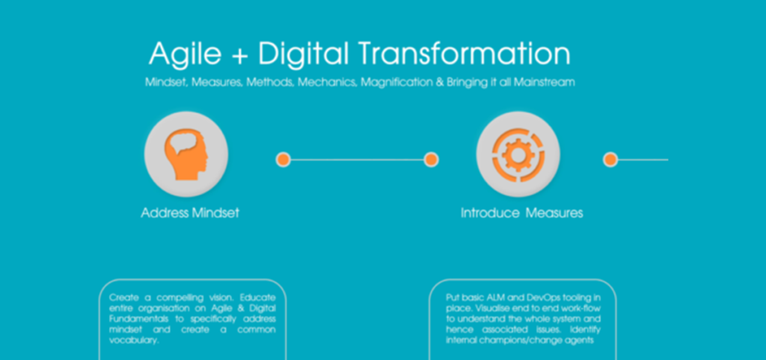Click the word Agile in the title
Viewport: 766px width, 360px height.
tap(185, 54)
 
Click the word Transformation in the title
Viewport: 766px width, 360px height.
tap(464, 53)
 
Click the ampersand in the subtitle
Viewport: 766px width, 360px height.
tap(439, 82)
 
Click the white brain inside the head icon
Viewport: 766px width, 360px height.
tap(183, 144)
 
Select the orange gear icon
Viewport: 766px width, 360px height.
tap(518, 154)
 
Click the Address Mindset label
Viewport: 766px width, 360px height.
tap(190, 213)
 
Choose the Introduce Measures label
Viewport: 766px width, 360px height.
tap(521, 213)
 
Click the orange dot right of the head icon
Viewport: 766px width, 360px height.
tap(284, 159)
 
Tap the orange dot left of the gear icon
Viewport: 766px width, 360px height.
tap(431, 159)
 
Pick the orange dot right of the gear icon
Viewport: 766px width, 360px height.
tap(610, 159)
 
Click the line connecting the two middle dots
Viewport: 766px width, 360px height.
tap(357, 159)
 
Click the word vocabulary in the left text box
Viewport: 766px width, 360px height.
tap(134, 341)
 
